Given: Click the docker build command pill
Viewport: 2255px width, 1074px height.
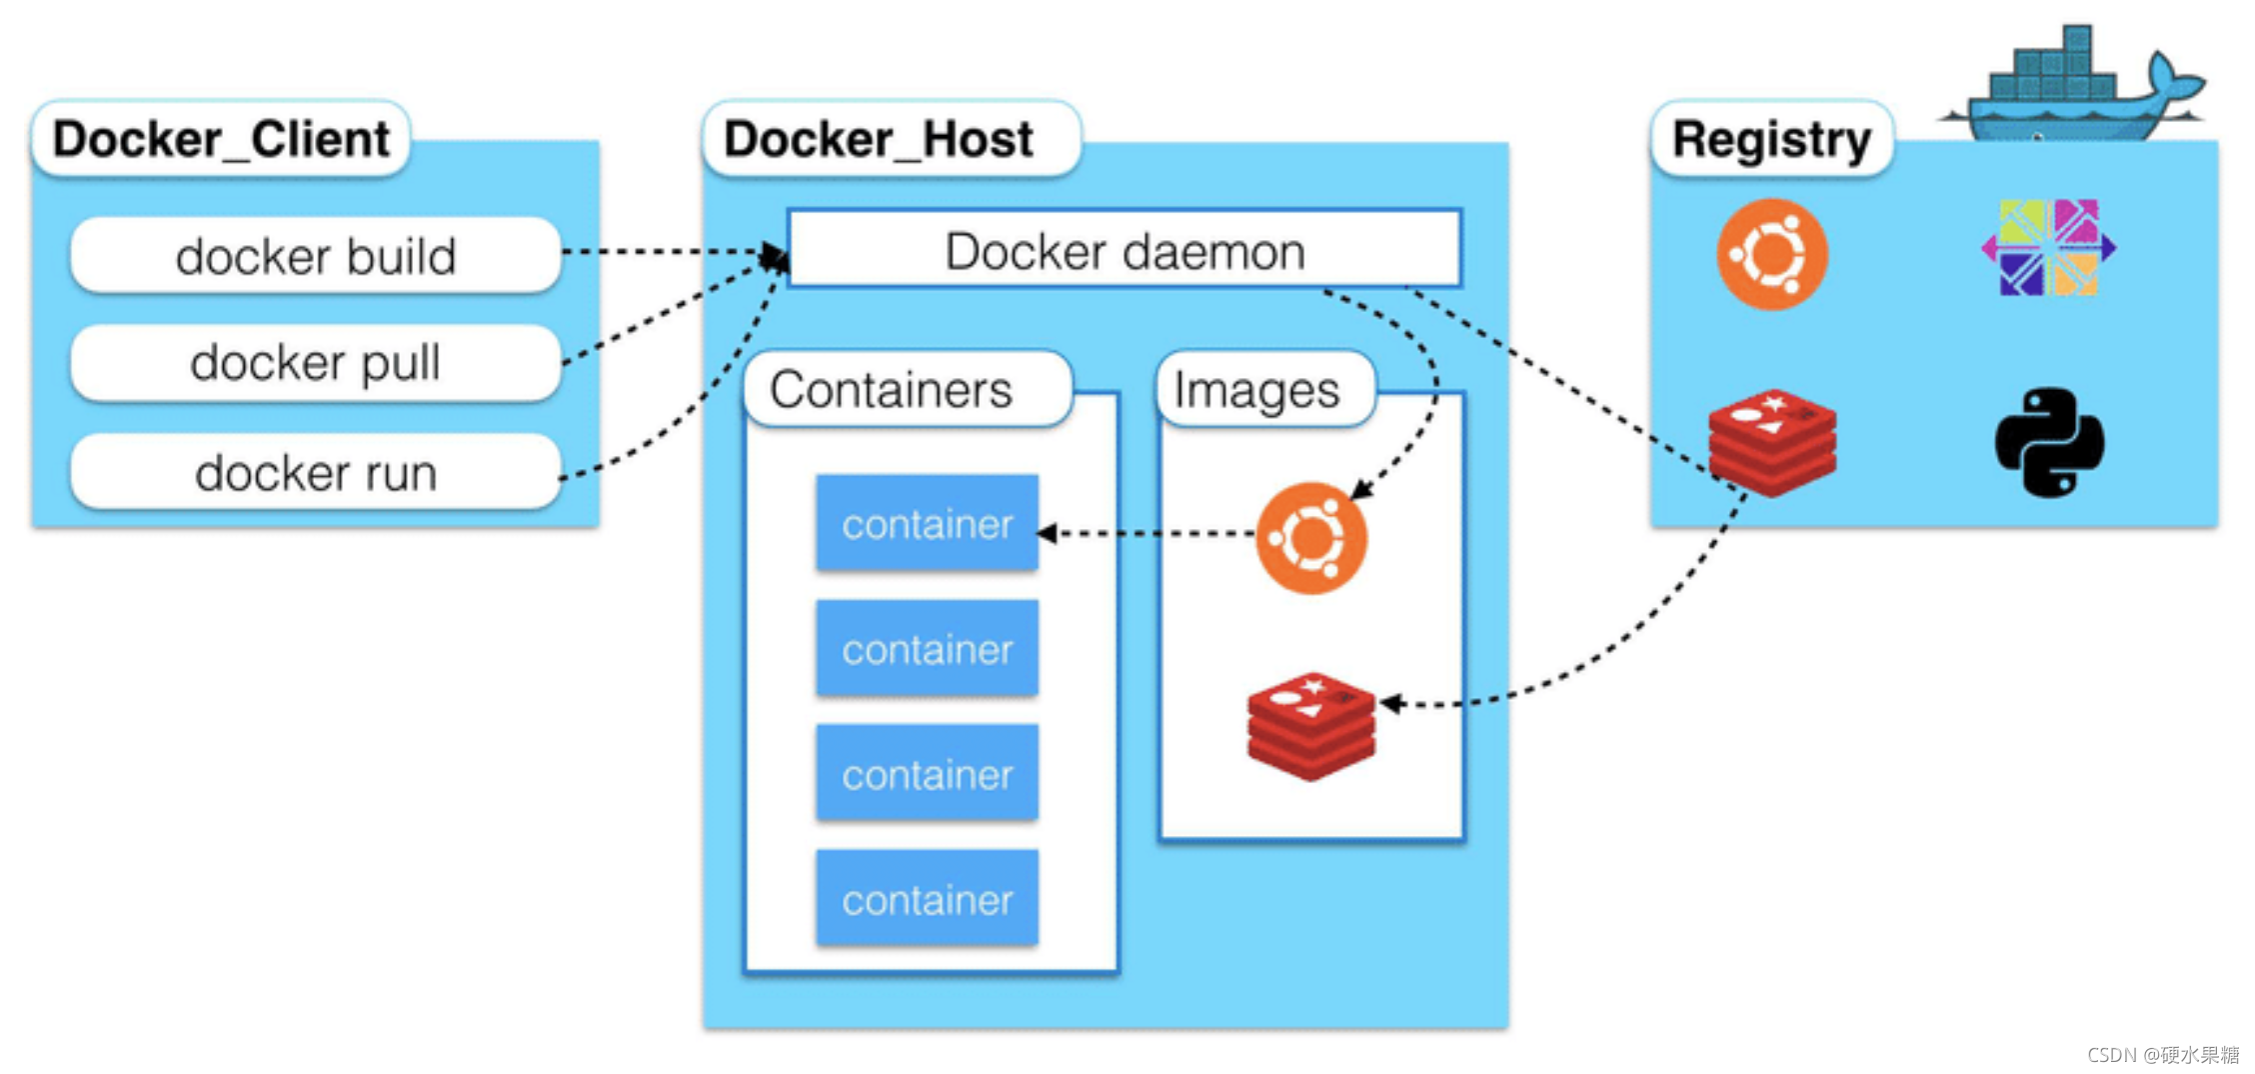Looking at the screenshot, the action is coord(316,255).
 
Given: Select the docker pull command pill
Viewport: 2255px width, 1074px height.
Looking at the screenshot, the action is coord(316,362).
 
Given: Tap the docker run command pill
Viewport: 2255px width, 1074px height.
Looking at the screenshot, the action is coord(316,472).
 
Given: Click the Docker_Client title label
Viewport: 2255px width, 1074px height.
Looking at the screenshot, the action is coord(221,139).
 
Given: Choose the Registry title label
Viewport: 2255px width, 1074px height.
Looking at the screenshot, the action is coord(1772,139).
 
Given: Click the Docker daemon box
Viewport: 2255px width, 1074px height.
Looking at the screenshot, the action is coord(1125,249).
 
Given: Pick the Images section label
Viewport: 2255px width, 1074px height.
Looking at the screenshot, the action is coord(1265,389).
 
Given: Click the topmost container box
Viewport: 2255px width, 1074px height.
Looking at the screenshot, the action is coord(928,523).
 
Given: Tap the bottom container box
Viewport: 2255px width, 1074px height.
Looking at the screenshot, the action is coord(928,898).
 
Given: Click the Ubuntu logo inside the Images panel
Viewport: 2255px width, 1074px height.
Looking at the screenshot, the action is coord(1311,538).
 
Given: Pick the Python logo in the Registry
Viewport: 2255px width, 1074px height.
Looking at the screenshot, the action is coord(2050,442).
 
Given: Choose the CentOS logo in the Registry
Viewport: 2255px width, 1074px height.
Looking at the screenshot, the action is coord(2049,247).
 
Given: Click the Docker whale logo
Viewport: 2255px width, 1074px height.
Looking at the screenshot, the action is coord(2074,85).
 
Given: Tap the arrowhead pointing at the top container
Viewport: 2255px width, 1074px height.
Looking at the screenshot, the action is coord(1047,533).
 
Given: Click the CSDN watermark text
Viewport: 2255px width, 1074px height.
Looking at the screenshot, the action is coord(2163,1055).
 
